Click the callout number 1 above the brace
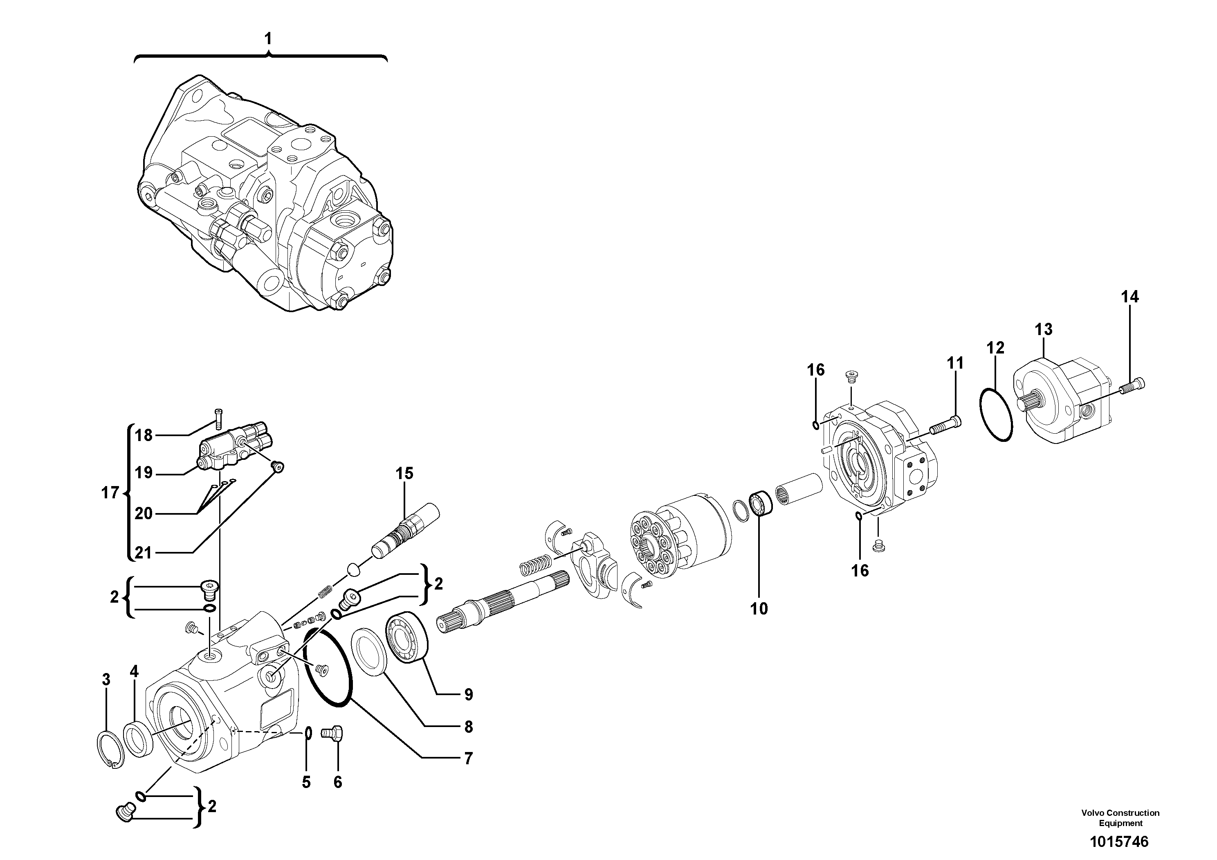[268, 39]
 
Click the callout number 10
[759, 609]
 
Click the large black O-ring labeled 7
[329, 666]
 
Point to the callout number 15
[404, 473]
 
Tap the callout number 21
[143, 553]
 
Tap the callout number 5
[306, 782]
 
